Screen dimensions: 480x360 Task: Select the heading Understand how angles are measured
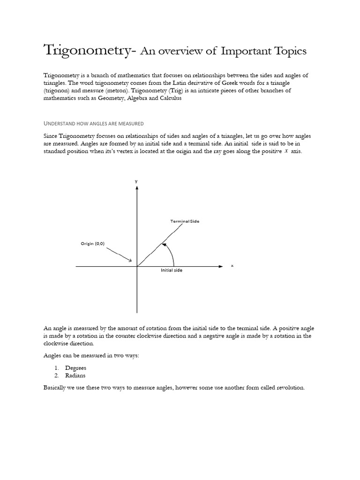(93, 123)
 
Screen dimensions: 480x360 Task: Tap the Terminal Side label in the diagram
(185, 221)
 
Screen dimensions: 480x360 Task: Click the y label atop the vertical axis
(136, 181)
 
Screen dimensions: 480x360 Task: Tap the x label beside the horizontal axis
(232, 266)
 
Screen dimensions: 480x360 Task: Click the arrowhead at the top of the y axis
(137, 187)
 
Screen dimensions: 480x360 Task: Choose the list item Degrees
(76, 367)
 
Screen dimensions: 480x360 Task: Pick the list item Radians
(75, 375)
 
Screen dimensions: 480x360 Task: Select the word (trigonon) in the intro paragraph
(59, 90)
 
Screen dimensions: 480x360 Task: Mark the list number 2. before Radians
(57, 375)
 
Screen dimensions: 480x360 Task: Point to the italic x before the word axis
(286, 152)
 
